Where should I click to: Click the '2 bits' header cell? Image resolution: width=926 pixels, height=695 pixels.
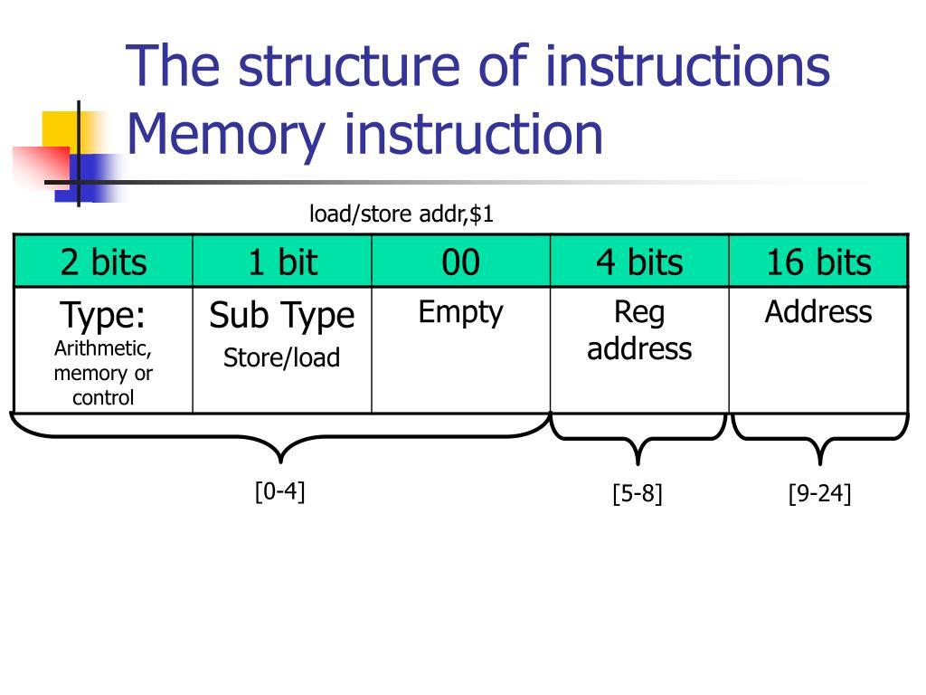click(103, 262)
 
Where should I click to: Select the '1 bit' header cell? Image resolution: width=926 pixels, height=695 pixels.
click(282, 262)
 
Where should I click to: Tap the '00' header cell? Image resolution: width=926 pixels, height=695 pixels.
click(460, 262)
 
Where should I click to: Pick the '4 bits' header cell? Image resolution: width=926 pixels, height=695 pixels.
click(639, 262)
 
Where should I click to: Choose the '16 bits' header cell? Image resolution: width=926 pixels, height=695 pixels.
click(818, 262)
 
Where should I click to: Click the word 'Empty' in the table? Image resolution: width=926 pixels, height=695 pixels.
click(460, 312)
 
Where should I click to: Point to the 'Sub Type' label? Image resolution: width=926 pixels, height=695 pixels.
click(282, 315)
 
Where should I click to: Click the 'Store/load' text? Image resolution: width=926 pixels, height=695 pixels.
click(282, 357)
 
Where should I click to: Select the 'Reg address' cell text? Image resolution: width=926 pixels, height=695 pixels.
click(639, 330)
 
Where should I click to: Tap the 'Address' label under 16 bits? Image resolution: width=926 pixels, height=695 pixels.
click(818, 311)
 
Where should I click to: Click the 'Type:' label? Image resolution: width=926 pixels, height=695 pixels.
click(103, 315)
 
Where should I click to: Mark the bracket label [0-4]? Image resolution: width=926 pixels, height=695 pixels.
click(280, 491)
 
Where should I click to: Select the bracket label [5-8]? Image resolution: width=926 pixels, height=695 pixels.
click(638, 493)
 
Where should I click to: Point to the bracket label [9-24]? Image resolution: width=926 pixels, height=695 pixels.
click(819, 493)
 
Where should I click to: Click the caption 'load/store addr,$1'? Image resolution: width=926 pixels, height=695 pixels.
click(402, 214)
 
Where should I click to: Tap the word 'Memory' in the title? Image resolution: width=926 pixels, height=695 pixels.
click(226, 136)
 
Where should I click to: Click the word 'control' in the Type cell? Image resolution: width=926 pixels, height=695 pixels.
click(103, 398)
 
